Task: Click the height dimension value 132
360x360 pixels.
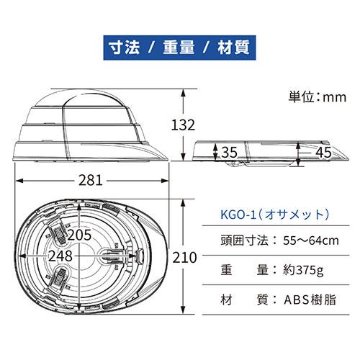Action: click(x=184, y=124)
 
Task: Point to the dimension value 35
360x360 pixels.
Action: click(x=228, y=152)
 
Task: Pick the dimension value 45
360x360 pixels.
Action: click(x=323, y=152)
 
